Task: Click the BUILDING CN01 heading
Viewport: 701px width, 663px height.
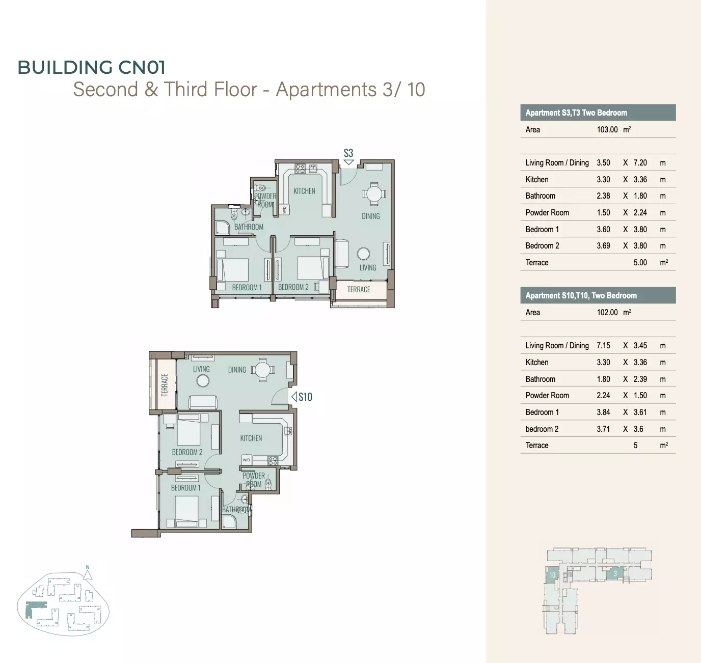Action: coord(91,67)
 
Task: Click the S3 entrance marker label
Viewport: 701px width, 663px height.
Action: coord(348,153)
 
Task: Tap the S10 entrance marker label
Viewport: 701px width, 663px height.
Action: coord(305,397)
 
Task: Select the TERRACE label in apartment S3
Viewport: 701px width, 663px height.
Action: coord(359,289)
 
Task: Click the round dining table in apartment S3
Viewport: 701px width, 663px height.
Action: coord(374,195)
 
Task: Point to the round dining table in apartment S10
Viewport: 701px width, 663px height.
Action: coord(262,370)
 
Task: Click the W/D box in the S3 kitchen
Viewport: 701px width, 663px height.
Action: coord(285,210)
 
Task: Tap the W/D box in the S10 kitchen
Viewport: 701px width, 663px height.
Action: coord(247,460)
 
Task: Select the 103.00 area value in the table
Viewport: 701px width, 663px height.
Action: coord(607,130)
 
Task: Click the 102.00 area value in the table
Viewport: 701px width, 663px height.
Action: coord(607,313)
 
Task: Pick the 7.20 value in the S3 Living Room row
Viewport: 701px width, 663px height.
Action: coord(640,163)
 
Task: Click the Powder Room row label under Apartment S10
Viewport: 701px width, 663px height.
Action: coord(547,395)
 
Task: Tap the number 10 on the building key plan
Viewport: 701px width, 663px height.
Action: coord(552,575)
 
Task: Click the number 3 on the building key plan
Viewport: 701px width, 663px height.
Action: coord(615,574)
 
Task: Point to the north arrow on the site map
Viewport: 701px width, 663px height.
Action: coord(88,574)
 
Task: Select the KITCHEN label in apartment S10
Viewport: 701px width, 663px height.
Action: coord(251,438)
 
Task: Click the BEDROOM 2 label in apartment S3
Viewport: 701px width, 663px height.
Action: coord(293,287)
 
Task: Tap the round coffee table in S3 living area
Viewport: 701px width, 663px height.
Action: coord(363,254)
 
